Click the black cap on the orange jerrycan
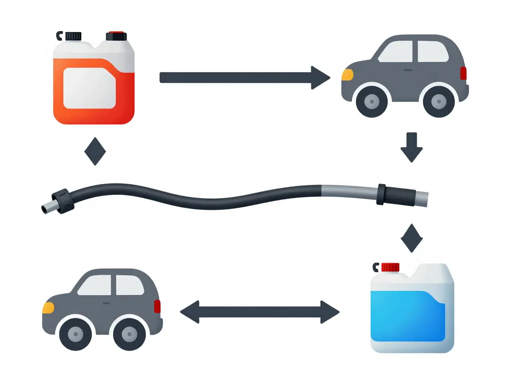[73, 36]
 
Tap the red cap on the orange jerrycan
[117, 36]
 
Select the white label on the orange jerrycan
[90, 89]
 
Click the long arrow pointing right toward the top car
[244, 77]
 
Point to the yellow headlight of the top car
[347, 75]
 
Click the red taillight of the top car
[464, 73]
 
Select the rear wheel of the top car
[439, 102]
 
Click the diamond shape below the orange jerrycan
[95, 152]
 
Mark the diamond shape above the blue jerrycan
[411, 237]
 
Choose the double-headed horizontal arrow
[259, 312]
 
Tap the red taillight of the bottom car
[157, 306]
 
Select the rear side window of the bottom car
[130, 285]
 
